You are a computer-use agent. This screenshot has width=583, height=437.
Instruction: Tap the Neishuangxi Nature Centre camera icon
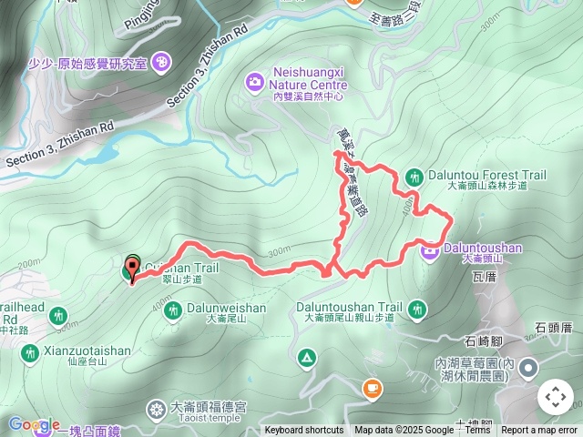pos(254,82)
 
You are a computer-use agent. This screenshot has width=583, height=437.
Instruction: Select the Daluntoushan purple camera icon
pos(430,247)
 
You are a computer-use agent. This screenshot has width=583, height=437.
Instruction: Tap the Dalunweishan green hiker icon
pos(173,309)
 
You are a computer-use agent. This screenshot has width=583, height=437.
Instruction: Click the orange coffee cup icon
pos(372,390)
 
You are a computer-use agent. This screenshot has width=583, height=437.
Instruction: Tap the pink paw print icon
pos(162,61)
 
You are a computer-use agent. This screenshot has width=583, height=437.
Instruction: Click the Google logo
pos(34,424)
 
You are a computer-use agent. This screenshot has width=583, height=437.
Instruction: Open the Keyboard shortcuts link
pos(304,431)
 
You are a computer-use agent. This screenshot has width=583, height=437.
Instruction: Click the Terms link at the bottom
pos(478,431)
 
